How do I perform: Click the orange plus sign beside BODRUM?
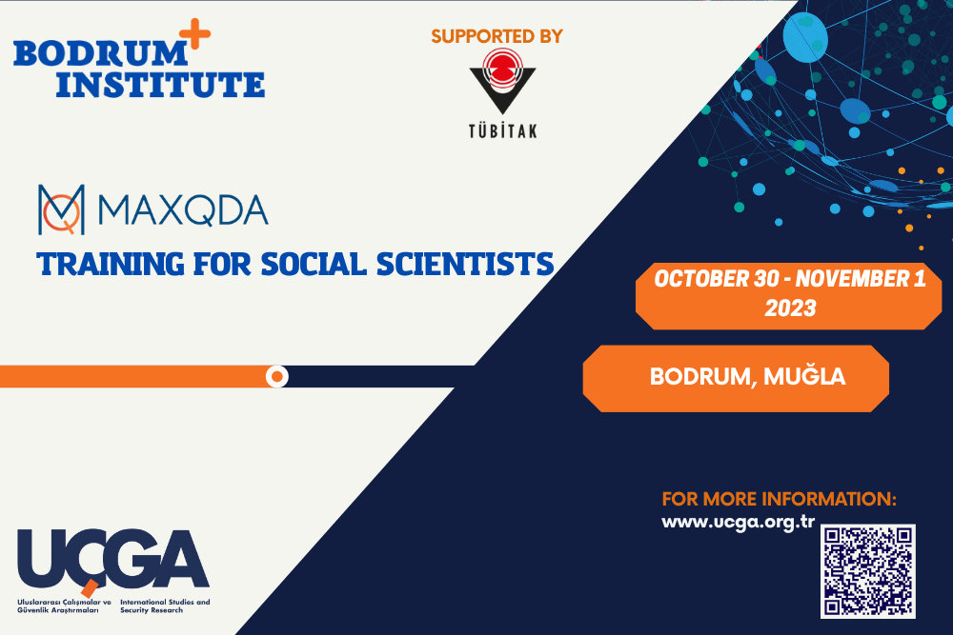(x=194, y=33)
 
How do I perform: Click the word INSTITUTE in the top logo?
(x=160, y=85)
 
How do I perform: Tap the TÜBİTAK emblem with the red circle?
(x=502, y=81)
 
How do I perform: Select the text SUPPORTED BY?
(x=497, y=36)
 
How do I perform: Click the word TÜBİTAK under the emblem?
(x=502, y=130)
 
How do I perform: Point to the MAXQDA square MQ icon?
(x=61, y=209)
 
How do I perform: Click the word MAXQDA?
(x=182, y=210)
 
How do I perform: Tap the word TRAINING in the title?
(x=110, y=265)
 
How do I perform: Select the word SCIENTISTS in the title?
(x=465, y=265)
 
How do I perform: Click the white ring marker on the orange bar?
(x=277, y=376)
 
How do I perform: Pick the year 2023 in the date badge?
(x=790, y=308)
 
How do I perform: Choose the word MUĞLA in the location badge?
(x=804, y=376)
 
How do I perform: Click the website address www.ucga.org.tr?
(x=738, y=522)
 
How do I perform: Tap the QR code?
(x=868, y=571)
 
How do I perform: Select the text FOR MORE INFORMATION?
(x=780, y=499)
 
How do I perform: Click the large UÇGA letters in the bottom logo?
(x=113, y=559)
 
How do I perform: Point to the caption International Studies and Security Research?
(x=165, y=605)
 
